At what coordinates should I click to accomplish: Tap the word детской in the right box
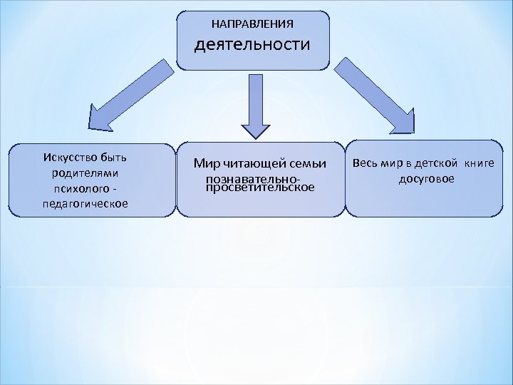(x=437, y=163)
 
